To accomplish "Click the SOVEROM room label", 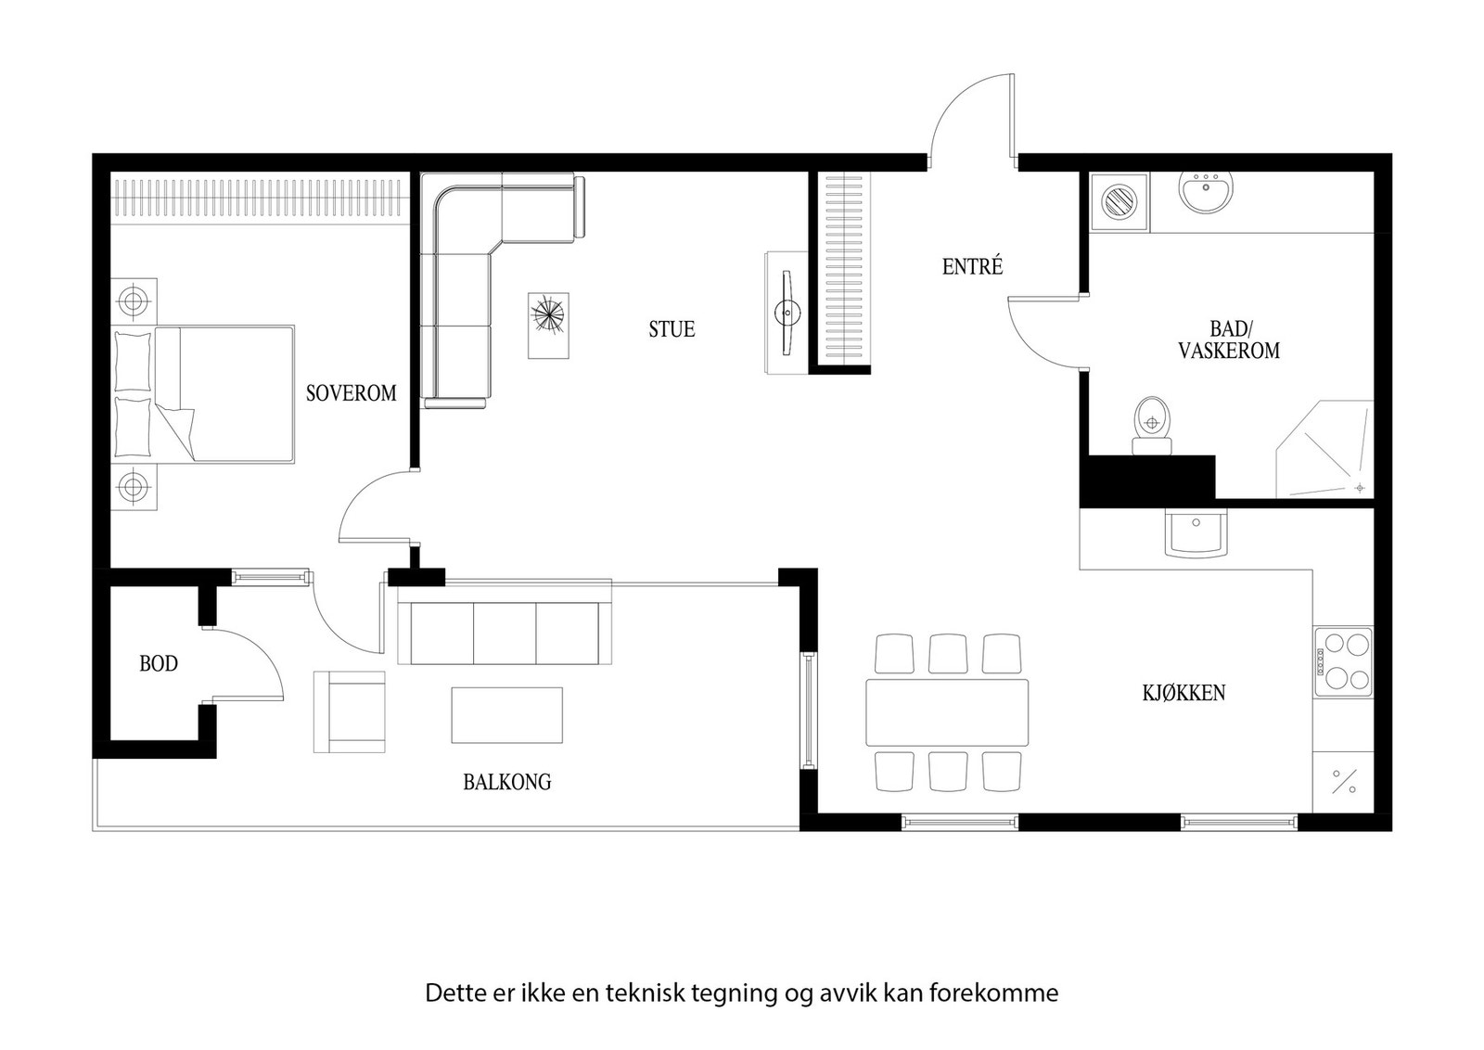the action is tap(352, 393).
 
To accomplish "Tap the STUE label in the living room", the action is tap(672, 329).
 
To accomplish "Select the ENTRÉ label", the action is tap(973, 266).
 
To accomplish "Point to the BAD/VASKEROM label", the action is tap(1229, 339).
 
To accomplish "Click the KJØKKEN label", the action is tap(1183, 693).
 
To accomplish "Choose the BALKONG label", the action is tap(506, 782).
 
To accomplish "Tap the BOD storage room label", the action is tap(159, 663).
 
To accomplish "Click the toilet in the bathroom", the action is tap(1152, 426).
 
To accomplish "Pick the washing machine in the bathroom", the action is tap(1119, 201).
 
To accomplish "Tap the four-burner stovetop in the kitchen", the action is tap(1343, 661).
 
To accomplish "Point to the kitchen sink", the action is tap(1196, 532).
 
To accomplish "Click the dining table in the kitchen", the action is tap(947, 712).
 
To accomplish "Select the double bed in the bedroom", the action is tap(203, 394).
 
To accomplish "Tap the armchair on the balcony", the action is tap(349, 711).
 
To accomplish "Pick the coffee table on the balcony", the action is tap(506, 715).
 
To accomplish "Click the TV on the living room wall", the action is tap(787, 312).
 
